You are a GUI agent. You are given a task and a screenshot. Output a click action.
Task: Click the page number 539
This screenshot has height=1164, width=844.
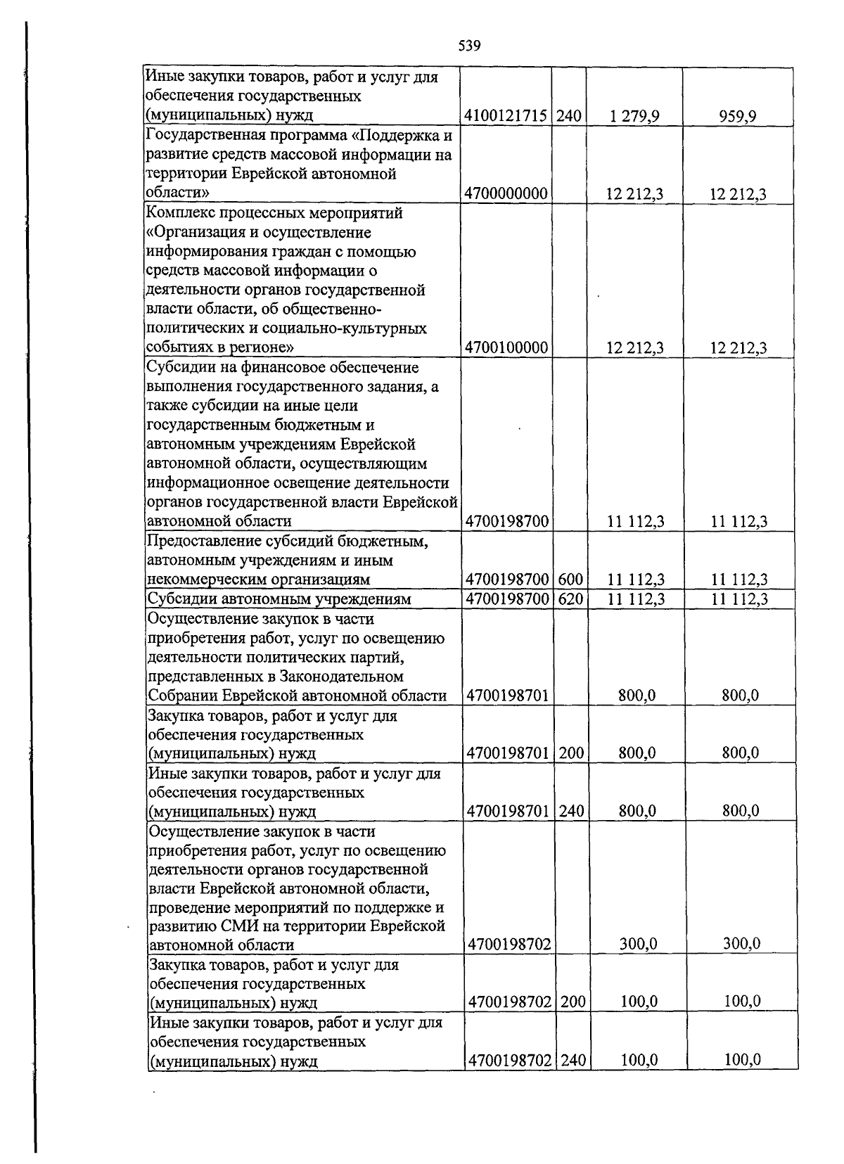(469, 46)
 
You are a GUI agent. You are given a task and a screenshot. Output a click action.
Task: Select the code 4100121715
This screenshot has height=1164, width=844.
(506, 116)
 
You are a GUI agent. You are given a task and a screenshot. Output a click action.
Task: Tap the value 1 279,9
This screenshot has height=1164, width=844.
(635, 116)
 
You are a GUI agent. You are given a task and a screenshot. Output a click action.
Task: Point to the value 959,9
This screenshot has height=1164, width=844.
(737, 116)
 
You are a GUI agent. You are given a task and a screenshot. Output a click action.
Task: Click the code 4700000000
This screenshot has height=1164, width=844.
(506, 193)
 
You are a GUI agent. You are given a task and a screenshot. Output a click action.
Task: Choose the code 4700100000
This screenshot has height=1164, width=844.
(506, 347)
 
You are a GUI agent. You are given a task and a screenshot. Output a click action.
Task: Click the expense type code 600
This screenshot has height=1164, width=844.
(570, 580)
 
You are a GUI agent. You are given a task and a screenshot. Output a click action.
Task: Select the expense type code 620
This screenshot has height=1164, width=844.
(570, 599)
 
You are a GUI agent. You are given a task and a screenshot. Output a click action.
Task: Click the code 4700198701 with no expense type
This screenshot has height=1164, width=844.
(508, 696)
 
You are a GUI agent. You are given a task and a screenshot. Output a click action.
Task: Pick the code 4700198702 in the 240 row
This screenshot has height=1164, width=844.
(509, 1061)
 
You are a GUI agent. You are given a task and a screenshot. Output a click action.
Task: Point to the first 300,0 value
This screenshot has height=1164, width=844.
(638, 944)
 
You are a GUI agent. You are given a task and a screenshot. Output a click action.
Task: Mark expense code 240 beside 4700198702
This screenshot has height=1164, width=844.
(573, 1061)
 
